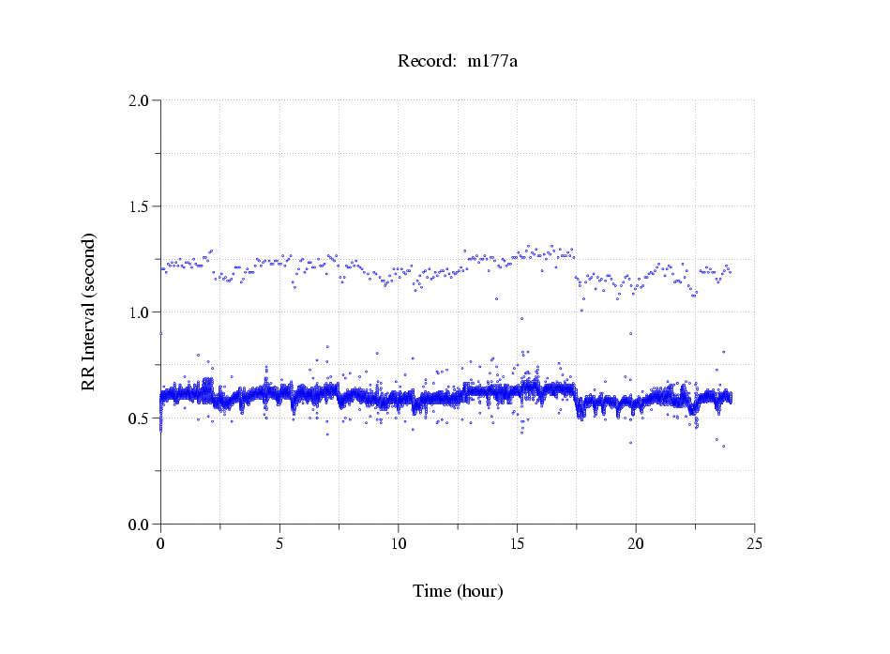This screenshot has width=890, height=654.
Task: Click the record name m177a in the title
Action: [492, 62]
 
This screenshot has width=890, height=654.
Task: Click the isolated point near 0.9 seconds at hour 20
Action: [630, 333]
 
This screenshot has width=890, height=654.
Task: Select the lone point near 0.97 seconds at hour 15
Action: [521, 318]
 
